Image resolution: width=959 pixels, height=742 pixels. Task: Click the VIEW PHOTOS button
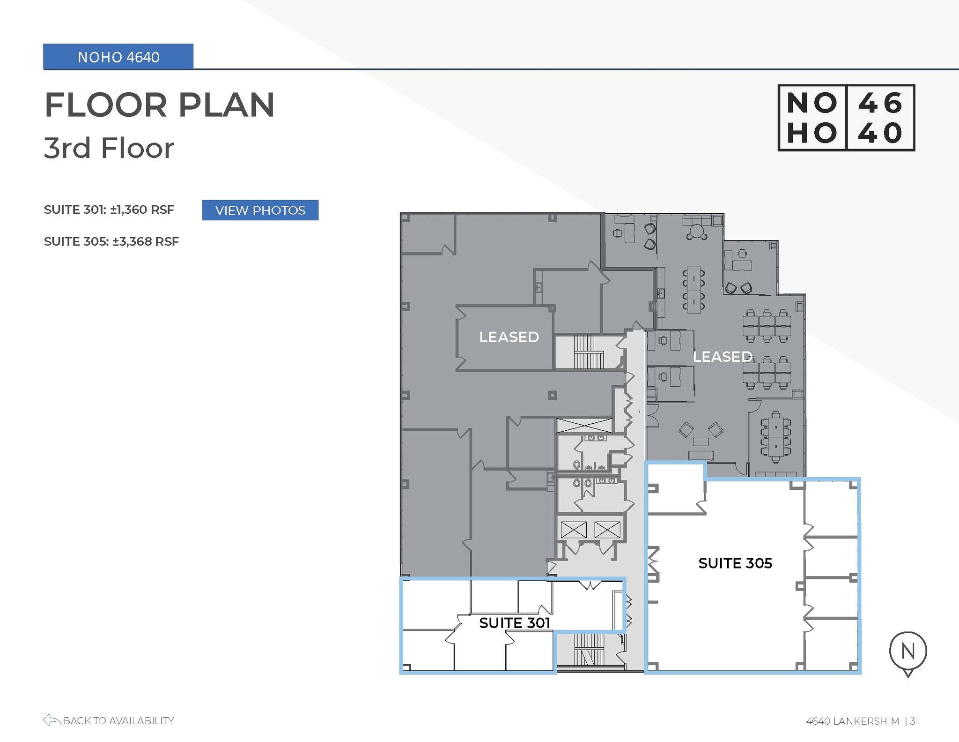[260, 210]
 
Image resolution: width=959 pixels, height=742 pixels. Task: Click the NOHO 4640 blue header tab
[118, 57]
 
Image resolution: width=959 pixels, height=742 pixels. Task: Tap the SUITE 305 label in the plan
[735, 563]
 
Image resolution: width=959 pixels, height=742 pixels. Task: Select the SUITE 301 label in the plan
[514, 622]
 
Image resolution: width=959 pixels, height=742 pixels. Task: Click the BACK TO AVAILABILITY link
[118, 720]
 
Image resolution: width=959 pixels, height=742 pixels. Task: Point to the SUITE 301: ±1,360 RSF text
[109, 210]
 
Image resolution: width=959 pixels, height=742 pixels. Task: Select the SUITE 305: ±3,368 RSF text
[111, 241]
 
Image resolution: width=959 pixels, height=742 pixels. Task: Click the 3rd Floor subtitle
[109, 148]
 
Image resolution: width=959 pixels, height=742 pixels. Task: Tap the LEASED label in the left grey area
[509, 337]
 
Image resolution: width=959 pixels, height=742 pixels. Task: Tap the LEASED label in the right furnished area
[722, 357]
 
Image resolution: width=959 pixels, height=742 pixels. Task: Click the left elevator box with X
[573, 530]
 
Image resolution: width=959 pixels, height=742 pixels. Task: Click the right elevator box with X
[607, 530]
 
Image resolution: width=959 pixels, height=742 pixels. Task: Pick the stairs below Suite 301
[589, 649]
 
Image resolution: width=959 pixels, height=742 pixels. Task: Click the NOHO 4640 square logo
[846, 118]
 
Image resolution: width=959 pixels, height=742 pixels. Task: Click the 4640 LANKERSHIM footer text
[852, 721]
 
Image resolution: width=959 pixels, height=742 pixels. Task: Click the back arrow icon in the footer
[52, 720]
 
